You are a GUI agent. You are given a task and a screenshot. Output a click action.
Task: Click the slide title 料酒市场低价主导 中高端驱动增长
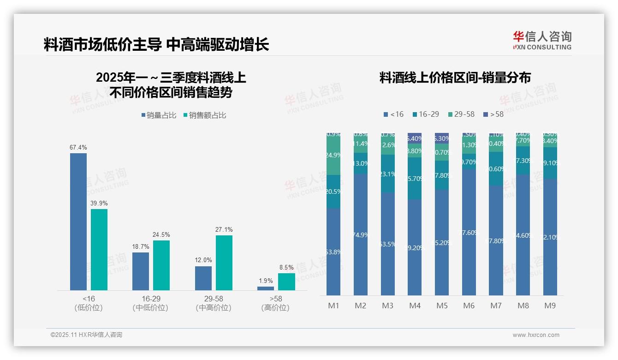click(156, 44)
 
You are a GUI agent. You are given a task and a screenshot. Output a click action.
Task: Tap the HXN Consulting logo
click(542, 40)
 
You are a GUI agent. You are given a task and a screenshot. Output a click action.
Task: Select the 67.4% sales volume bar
click(78, 222)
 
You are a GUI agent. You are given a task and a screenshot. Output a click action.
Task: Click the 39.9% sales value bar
click(99, 249)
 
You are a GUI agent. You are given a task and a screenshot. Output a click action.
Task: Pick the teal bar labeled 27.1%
click(224, 263)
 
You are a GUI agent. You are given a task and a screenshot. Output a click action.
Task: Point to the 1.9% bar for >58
click(266, 288)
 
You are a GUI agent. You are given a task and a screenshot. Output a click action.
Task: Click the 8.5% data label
click(286, 267)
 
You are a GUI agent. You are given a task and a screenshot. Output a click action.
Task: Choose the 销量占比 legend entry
click(159, 115)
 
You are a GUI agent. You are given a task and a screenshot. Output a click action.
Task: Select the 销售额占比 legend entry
click(205, 115)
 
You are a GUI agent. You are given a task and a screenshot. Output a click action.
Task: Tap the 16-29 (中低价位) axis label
click(150, 303)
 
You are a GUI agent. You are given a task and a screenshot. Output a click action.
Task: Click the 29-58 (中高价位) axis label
click(213, 303)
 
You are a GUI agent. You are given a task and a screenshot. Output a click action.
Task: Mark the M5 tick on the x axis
click(442, 306)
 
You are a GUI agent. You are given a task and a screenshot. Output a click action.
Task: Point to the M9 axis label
click(550, 306)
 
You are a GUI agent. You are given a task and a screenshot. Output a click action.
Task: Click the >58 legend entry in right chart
click(493, 114)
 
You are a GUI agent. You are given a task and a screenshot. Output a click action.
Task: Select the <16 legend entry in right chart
click(393, 114)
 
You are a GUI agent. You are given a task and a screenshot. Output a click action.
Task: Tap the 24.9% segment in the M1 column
click(333, 156)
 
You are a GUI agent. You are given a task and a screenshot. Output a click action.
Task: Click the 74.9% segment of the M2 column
click(361, 234)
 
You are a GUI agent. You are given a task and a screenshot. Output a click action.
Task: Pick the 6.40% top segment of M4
click(415, 138)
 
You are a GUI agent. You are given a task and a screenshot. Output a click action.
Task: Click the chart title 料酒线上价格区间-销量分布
click(455, 78)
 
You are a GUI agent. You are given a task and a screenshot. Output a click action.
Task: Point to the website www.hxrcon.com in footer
click(536, 335)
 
